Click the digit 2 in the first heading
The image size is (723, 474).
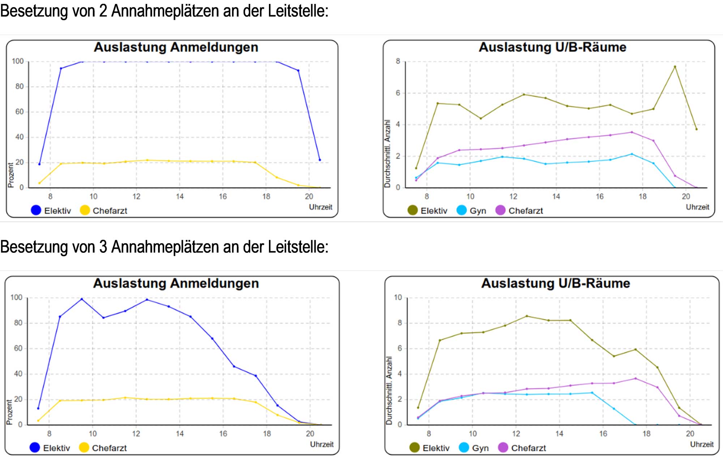103,11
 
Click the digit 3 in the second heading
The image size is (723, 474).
103,247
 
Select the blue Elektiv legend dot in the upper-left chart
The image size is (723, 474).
36,210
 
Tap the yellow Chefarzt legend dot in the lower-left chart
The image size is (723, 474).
84,448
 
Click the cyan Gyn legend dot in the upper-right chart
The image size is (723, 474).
462,210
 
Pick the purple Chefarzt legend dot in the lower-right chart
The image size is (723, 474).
503,448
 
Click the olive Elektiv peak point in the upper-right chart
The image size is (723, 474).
675,67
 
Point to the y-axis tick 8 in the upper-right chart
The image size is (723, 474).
398,61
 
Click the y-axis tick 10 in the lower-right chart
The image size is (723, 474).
398,298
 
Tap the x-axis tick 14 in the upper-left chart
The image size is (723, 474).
180,196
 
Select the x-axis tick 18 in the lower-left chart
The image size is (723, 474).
267,434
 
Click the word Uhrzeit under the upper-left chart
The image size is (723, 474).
320,207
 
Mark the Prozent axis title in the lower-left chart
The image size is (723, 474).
9,412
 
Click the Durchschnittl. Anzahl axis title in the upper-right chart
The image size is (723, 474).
387,154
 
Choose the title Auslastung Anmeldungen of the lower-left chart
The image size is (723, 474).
176,283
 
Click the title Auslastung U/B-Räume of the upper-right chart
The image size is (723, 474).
552,47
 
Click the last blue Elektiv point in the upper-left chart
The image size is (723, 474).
320,160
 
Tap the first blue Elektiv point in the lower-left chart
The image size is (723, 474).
38,409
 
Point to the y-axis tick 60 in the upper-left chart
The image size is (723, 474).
19,112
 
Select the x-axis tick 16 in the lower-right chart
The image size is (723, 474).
603,434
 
